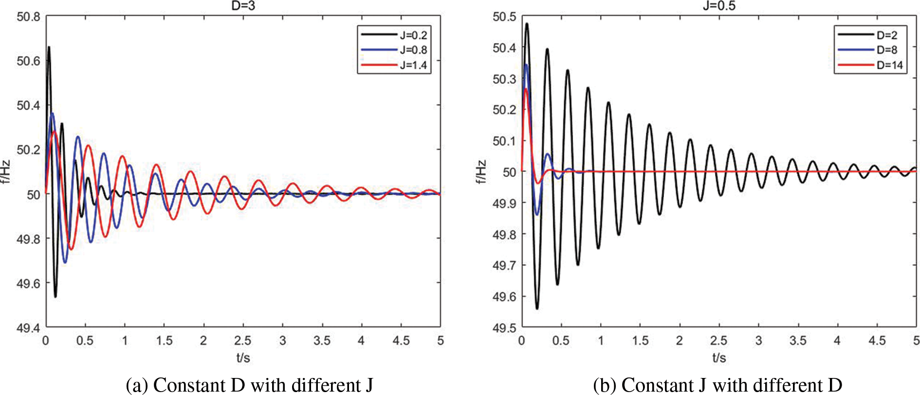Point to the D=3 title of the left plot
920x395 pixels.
pos(243,6)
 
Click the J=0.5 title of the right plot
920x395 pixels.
pos(719,6)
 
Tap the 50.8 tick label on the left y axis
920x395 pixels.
pos(29,17)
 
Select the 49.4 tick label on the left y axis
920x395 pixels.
pos(29,328)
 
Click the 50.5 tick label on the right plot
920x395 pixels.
pos(504,17)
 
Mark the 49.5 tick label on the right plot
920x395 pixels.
pos(504,328)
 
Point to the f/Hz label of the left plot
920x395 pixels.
pos(6,172)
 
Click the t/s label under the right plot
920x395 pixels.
pos(719,358)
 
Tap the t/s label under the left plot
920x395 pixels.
pos(243,358)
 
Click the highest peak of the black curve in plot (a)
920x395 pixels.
pos(49,47)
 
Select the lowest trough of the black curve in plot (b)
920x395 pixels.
pos(537,308)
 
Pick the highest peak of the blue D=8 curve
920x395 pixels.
pos(526,65)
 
